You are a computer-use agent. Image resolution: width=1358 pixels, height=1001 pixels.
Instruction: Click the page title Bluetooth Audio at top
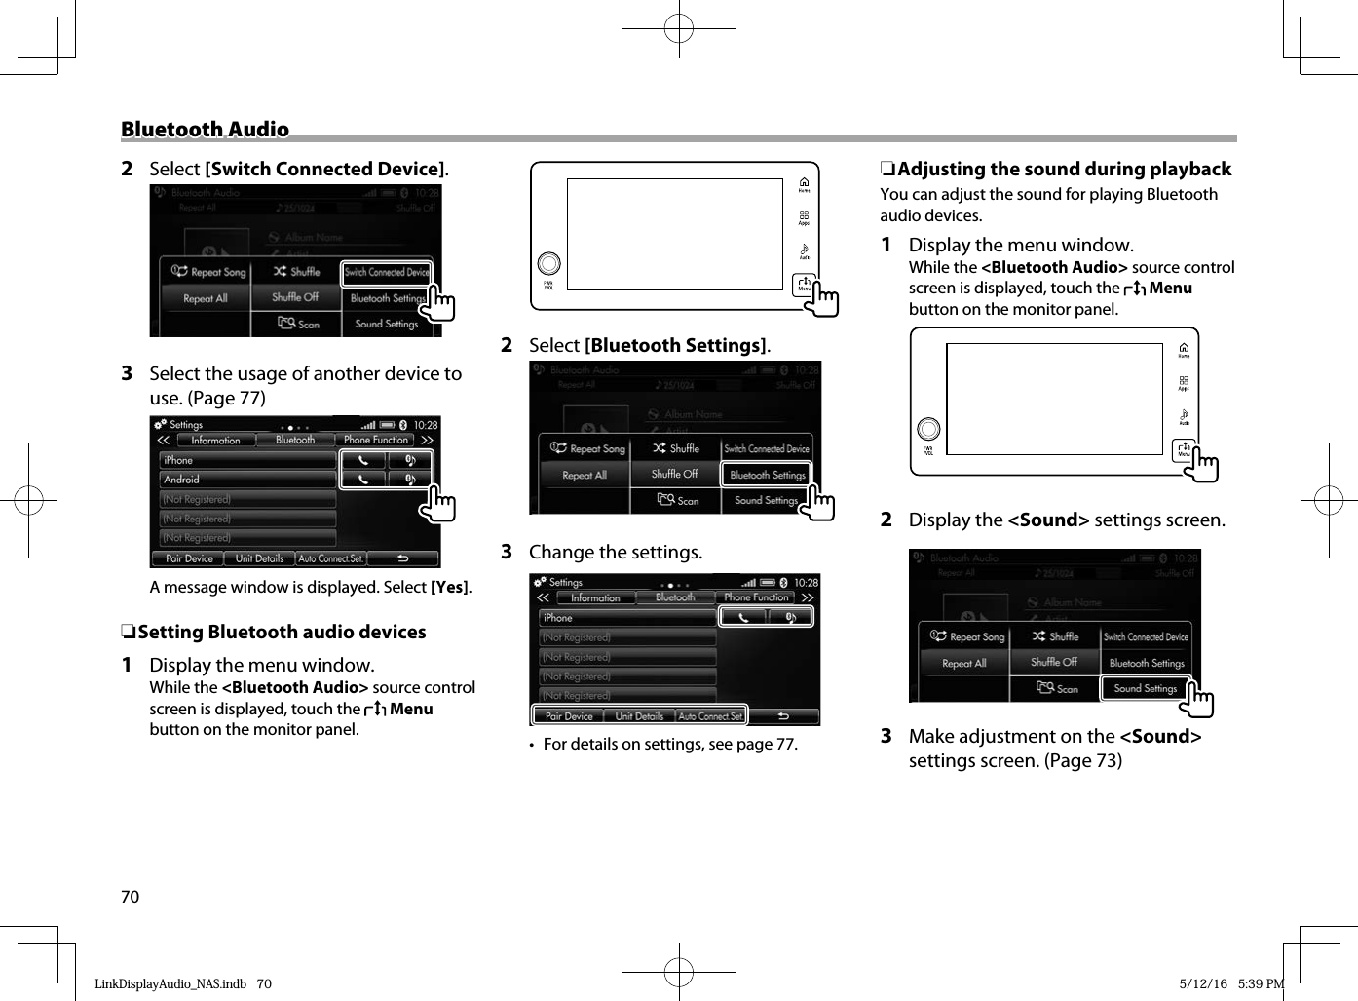(205, 130)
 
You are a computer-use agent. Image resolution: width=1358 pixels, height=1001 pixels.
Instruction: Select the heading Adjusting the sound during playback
(1064, 170)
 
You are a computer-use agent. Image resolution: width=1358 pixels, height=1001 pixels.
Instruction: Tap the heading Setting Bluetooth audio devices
(282, 633)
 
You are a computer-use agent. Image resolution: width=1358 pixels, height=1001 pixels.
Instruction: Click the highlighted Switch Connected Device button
(386, 273)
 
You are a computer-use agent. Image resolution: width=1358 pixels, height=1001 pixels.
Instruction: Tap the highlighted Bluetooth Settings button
(767, 475)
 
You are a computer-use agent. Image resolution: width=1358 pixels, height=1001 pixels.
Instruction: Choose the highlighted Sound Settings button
(1146, 688)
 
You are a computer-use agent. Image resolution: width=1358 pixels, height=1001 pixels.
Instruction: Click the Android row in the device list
(247, 480)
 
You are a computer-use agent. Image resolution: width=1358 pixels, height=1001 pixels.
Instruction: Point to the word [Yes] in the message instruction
(450, 588)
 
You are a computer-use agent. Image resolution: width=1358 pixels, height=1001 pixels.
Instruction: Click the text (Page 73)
(1083, 761)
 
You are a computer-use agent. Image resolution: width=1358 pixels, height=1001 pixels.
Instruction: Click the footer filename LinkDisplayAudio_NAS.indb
(170, 984)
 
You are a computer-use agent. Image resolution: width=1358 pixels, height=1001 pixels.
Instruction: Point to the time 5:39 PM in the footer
(1261, 984)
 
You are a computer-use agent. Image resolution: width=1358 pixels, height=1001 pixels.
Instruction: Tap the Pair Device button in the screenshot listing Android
(189, 558)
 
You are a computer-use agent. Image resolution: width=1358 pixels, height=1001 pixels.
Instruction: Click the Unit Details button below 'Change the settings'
(639, 716)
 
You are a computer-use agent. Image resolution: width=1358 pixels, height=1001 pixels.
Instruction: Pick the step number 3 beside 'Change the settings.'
(507, 553)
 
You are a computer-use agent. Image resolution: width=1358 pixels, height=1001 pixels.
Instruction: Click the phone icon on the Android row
(363, 480)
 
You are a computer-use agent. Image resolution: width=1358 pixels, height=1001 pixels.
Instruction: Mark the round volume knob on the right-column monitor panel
(929, 429)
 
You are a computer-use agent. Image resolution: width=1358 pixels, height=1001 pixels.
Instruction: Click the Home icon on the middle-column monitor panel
(804, 184)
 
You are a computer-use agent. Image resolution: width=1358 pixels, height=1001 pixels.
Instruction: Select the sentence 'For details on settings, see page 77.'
(670, 745)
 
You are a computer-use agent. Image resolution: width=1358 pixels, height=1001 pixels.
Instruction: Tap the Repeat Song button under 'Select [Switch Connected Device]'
(208, 272)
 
